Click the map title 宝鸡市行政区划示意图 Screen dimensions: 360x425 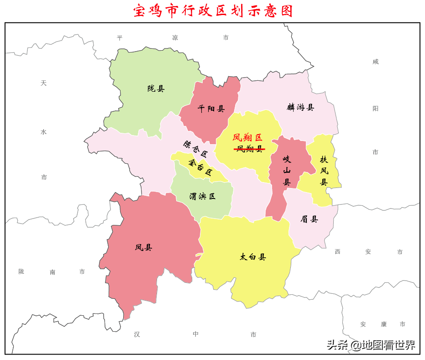click(x=213, y=10)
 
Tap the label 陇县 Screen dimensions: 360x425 click(x=156, y=89)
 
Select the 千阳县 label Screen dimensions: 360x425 click(x=211, y=109)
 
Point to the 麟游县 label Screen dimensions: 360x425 click(x=300, y=107)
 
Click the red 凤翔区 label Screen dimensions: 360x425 click(x=247, y=137)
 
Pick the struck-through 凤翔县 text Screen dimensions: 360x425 click(x=250, y=149)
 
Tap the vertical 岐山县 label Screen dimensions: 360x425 click(x=287, y=171)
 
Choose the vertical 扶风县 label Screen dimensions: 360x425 click(x=324, y=171)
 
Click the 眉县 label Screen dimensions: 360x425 click(x=309, y=219)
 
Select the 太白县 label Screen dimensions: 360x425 click(x=252, y=257)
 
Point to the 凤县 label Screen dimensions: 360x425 click(x=143, y=247)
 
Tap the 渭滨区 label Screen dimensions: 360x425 click(x=202, y=196)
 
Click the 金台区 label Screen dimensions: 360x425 click(x=200, y=167)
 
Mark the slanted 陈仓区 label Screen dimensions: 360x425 click(x=195, y=148)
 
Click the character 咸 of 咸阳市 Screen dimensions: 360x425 click(x=375, y=62)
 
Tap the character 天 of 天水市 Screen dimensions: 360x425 click(x=43, y=83)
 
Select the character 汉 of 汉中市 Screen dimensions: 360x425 click(x=137, y=334)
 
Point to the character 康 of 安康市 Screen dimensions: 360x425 click(x=383, y=324)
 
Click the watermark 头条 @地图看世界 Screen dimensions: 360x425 click(x=371, y=345)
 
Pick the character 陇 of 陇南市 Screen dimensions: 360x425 click(x=21, y=271)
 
